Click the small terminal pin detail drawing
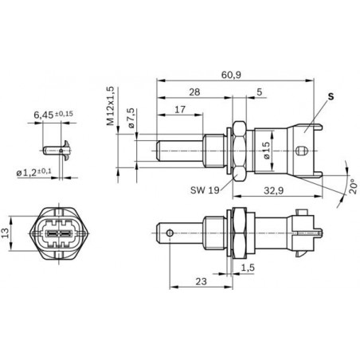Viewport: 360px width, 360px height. pyautogui.click(x=53, y=147)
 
